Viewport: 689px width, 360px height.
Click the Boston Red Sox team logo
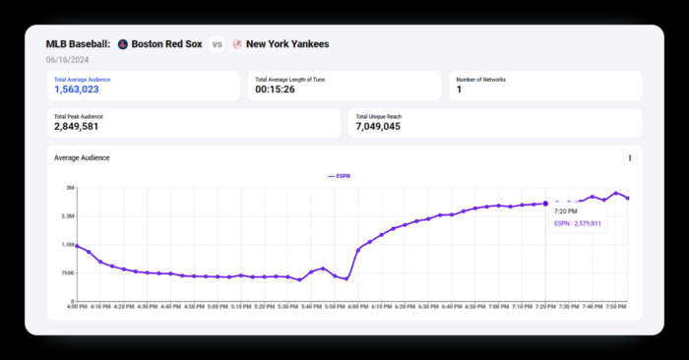click(x=122, y=44)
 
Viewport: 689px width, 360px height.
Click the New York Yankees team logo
click(x=237, y=44)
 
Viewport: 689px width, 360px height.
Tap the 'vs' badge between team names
click(x=217, y=44)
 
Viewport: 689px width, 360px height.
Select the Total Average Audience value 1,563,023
click(x=77, y=90)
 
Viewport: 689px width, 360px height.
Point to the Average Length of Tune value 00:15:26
click(x=275, y=90)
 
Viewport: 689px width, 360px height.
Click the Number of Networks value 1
click(x=459, y=90)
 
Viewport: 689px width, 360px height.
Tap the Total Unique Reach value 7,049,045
click(x=378, y=127)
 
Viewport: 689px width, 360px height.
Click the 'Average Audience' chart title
click(x=82, y=157)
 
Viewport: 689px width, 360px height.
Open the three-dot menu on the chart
click(x=630, y=157)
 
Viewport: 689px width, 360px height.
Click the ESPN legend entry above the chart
click(x=339, y=176)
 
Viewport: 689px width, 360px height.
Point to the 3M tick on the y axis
click(x=70, y=188)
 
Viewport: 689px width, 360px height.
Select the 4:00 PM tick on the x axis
click(x=77, y=307)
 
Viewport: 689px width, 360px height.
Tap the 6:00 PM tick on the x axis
click(x=358, y=307)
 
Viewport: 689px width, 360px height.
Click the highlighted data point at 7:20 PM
click(x=546, y=204)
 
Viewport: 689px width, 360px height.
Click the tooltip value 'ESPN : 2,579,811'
click(x=578, y=224)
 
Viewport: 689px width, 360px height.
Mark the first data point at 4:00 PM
click(x=77, y=246)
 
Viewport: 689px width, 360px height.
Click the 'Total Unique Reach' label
click(x=379, y=116)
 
